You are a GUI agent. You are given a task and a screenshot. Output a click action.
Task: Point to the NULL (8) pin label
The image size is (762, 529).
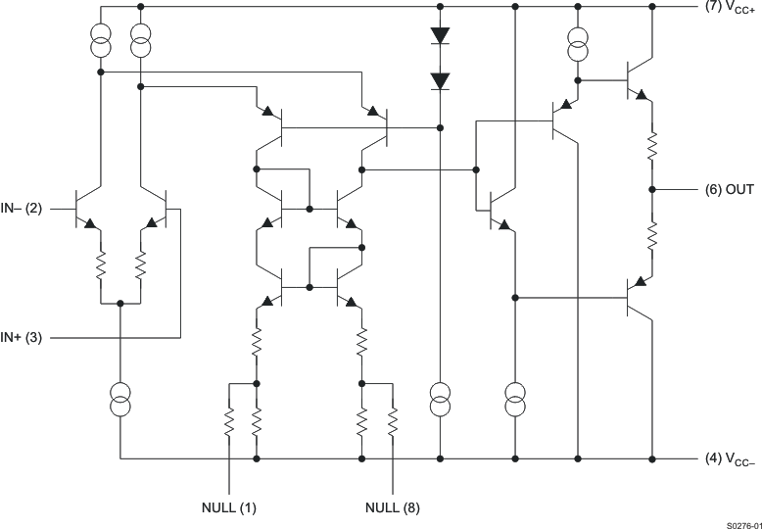[393, 507]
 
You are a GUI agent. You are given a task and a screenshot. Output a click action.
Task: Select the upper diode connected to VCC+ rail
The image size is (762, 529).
[440, 35]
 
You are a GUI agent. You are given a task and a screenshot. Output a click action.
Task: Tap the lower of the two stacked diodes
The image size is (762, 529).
[440, 80]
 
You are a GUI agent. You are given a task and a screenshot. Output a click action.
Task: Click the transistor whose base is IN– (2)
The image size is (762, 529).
[89, 210]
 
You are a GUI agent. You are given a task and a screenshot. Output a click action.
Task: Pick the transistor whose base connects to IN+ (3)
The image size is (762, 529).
[157, 210]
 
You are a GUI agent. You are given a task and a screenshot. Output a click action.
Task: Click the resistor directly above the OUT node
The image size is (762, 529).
[650, 146]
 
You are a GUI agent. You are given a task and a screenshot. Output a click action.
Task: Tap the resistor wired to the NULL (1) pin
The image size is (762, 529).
[228, 422]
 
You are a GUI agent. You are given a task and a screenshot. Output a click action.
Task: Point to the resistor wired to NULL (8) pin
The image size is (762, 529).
[393, 422]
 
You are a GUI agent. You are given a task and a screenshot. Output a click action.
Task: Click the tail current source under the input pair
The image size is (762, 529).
[119, 397]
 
